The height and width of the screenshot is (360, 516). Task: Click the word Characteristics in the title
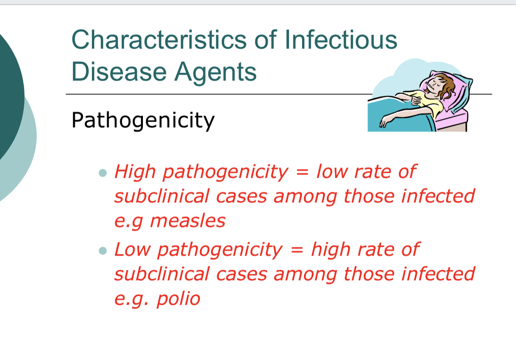[x=159, y=39]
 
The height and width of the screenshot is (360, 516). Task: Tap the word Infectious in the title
[x=341, y=39]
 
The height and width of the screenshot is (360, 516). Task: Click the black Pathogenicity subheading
[x=143, y=121]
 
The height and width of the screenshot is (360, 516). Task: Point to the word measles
[x=187, y=220]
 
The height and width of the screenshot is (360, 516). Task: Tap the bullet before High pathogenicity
[x=103, y=173]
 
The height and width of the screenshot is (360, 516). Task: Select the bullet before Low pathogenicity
[x=103, y=251]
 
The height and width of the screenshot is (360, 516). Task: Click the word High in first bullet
[x=135, y=172]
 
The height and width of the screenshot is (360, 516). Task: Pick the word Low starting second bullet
[x=132, y=250]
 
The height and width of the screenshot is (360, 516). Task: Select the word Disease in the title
[x=119, y=72]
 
